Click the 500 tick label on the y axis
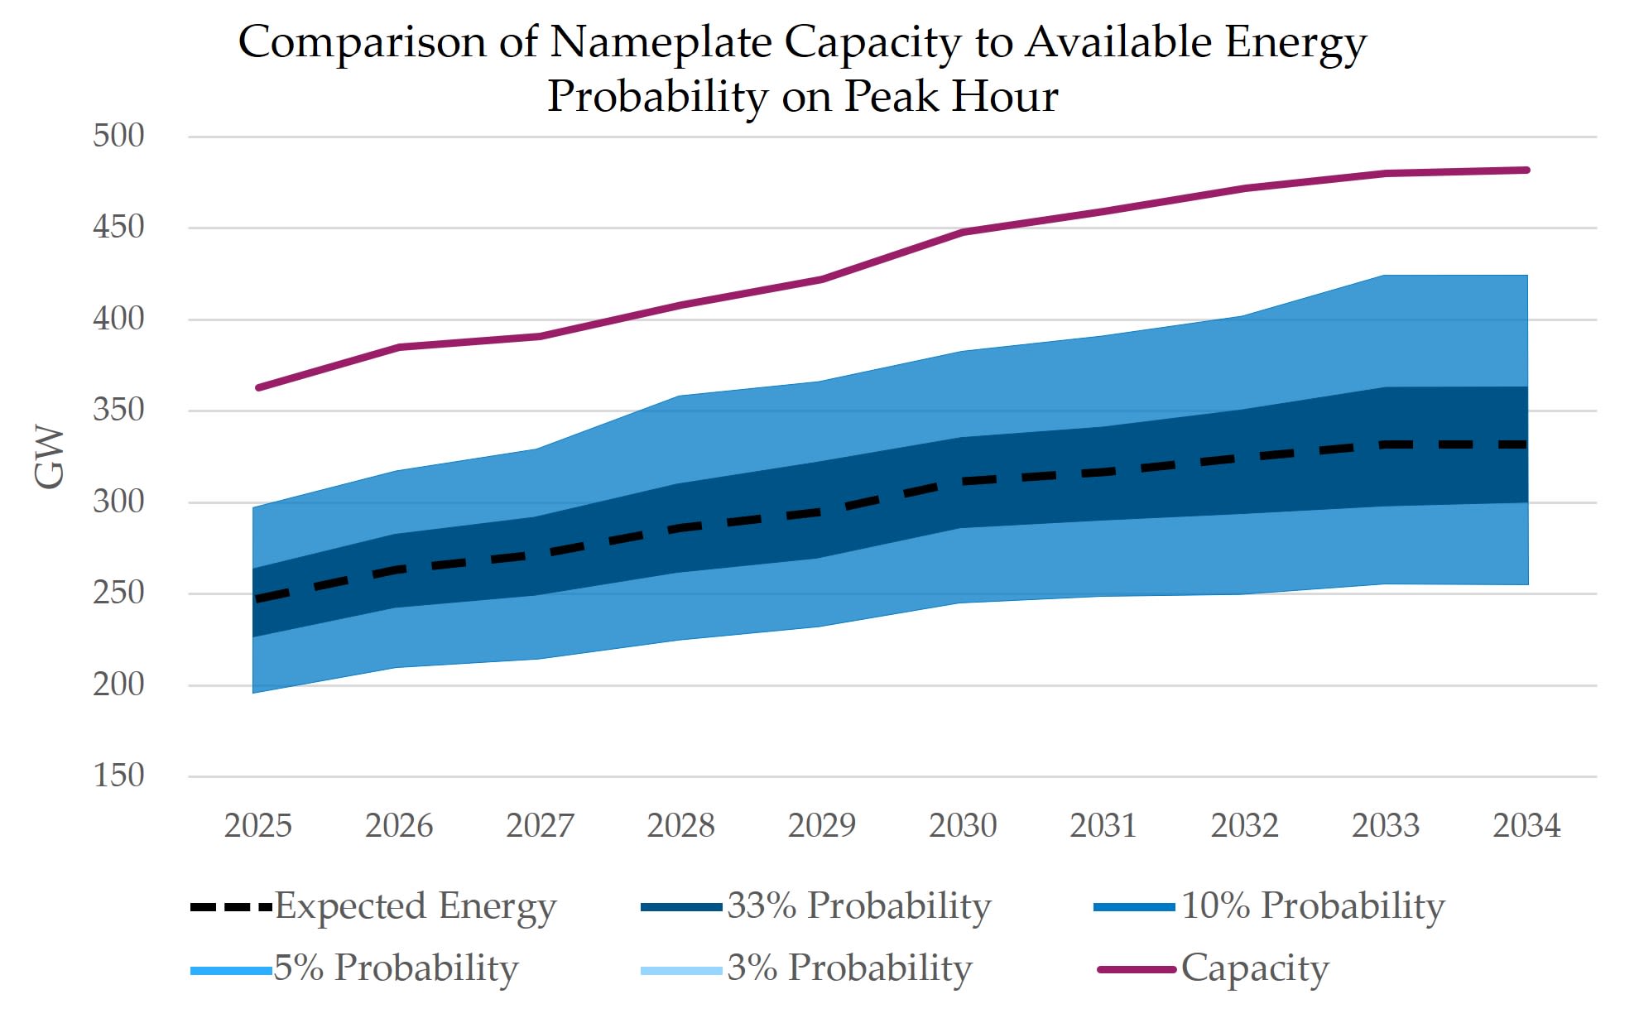[x=118, y=136]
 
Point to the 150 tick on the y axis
[x=118, y=776]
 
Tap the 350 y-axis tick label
[x=118, y=410]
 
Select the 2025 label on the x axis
[x=258, y=825]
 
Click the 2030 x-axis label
[x=963, y=825]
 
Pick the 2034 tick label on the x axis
[x=1526, y=825]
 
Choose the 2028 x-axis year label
[x=680, y=825]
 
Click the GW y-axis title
[x=50, y=457]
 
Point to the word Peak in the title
[x=891, y=96]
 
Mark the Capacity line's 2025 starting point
[x=259, y=387]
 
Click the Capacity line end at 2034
[x=1526, y=170]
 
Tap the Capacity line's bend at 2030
[x=963, y=233]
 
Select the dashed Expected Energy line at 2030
[x=963, y=481]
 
